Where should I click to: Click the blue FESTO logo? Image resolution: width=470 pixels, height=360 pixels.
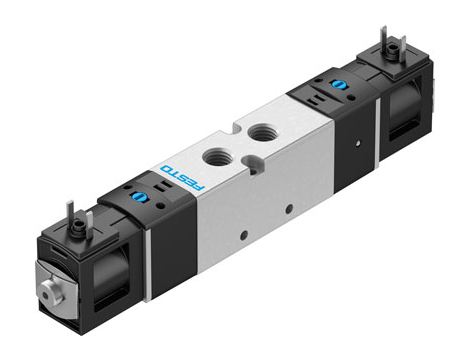[182, 177]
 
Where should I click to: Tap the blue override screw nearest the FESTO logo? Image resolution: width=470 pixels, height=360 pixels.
[137, 197]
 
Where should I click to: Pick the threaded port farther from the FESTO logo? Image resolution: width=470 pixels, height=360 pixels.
[261, 132]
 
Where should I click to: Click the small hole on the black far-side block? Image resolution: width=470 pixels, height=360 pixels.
[358, 143]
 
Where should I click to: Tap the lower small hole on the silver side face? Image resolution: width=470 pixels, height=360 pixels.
[244, 235]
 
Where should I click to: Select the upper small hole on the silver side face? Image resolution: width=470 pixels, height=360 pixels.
[289, 209]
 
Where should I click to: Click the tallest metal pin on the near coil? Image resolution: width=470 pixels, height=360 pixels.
[70, 212]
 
